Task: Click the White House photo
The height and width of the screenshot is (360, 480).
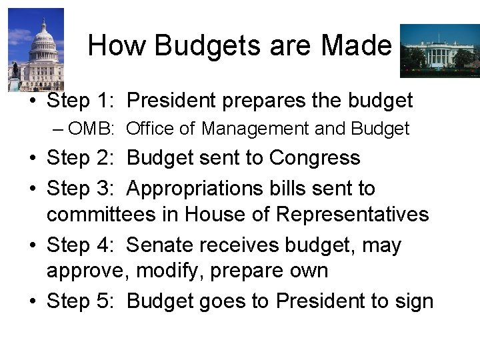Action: pyautogui.click(x=438, y=51)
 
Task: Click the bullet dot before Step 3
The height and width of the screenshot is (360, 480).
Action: pyautogui.click(x=31, y=189)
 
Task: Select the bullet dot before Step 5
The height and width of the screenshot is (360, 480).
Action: pyautogui.click(x=31, y=302)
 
